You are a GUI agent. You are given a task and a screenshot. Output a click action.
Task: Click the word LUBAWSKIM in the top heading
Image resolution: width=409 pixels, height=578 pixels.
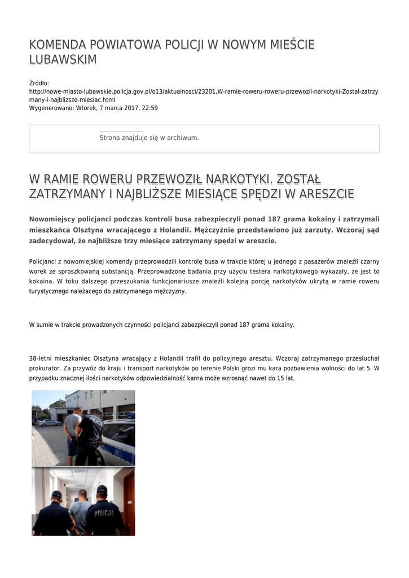63,60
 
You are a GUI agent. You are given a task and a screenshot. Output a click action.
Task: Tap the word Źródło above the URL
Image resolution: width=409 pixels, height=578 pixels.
39,83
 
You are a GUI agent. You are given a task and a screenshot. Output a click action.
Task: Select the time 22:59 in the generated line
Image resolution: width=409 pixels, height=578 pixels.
150,107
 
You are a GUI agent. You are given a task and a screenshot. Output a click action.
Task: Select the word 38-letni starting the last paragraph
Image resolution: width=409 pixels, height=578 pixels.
40,358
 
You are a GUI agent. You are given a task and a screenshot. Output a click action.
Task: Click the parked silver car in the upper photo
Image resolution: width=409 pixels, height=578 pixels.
50,422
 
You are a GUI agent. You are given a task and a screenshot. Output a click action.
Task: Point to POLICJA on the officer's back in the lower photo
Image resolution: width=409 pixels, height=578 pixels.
104,513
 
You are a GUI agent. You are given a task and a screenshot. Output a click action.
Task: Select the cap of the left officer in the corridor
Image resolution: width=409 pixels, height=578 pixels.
56,494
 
